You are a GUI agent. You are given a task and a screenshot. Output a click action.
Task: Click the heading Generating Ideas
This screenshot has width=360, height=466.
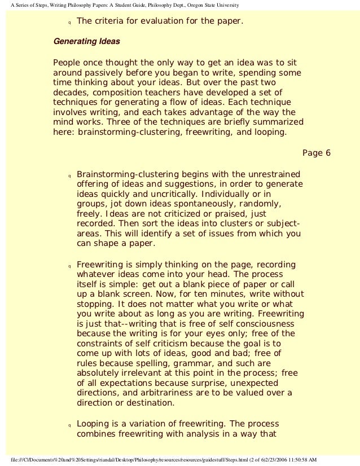click(x=86, y=42)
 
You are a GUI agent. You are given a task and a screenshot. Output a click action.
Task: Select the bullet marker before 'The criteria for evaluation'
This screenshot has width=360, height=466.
click(x=68, y=24)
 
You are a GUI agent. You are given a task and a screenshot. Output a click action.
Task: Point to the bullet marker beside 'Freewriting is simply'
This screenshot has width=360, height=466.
click(x=68, y=265)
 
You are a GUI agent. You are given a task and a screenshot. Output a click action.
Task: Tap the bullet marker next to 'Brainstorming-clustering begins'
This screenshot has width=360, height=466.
click(x=68, y=175)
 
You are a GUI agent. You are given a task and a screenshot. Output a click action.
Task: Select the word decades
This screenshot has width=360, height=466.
click(x=69, y=93)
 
